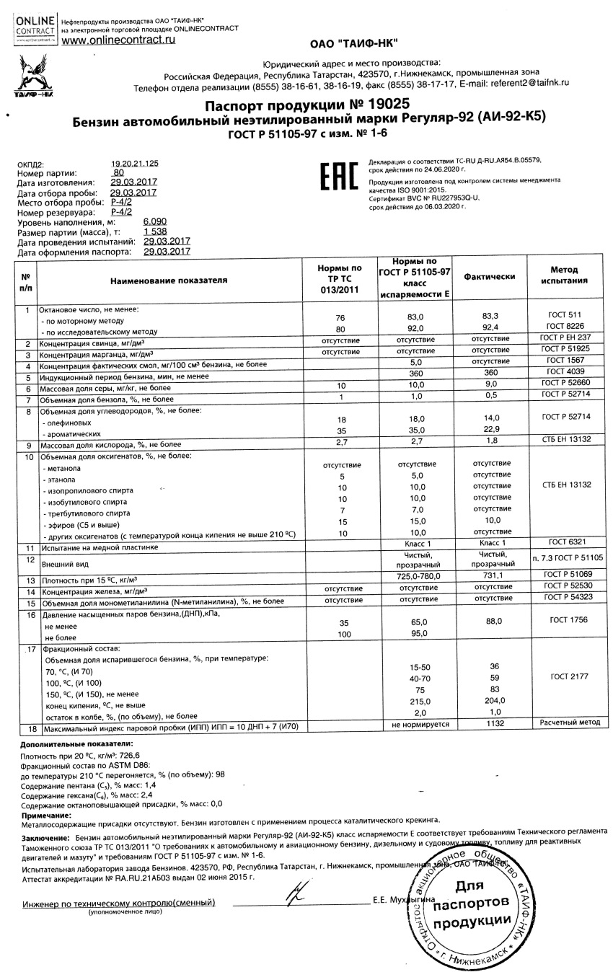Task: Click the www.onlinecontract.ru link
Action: coord(118,41)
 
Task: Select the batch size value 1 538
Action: coord(155,231)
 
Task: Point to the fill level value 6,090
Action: coord(155,221)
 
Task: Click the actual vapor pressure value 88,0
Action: coord(491,621)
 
